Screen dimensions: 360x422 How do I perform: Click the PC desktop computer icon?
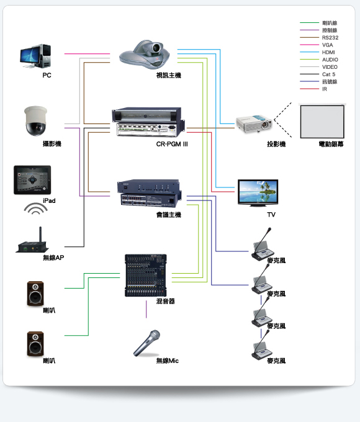tap(35, 56)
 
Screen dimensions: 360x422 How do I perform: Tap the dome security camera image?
tap(35, 121)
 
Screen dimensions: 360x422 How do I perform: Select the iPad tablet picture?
tap(32, 180)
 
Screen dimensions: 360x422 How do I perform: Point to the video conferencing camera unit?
tap(145, 55)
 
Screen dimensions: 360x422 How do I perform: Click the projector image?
tap(254, 124)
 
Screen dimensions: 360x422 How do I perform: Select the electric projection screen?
tap(322, 121)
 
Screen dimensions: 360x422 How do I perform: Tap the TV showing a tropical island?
tap(258, 193)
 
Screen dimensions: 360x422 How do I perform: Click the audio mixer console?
tap(146, 276)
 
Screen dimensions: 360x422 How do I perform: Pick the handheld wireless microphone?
tap(146, 343)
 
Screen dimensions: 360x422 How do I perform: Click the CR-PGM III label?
tap(172, 144)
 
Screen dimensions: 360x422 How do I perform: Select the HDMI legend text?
tap(328, 52)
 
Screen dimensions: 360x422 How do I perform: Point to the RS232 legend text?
tap(330, 38)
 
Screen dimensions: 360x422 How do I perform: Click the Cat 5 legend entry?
tap(328, 74)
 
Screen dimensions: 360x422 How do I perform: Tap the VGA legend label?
tap(328, 45)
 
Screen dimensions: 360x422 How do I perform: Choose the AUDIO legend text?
tap(330, 60)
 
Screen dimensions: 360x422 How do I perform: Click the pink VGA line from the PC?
tap(87, 54)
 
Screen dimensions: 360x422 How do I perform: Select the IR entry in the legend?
tap(325, 89)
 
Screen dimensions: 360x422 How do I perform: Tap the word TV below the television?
tap(271, 215)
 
